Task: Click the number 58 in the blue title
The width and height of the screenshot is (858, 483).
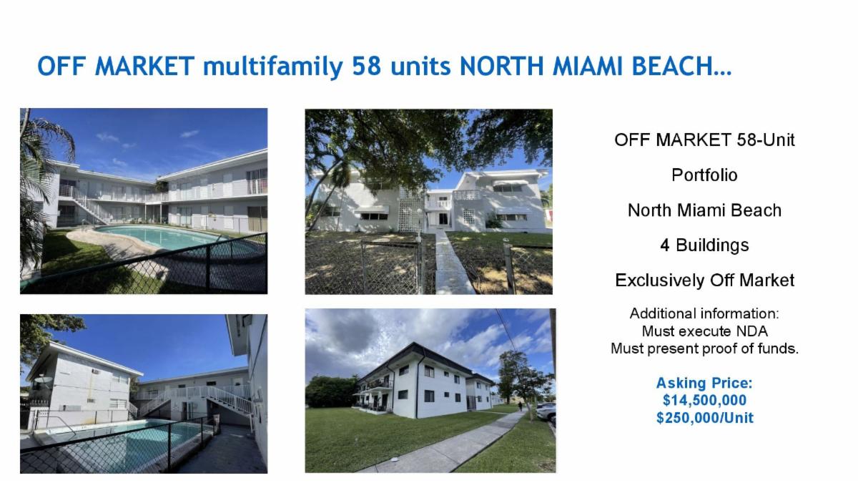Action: (x=366, y=67)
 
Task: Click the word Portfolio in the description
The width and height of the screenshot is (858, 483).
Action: (x=704, y=175)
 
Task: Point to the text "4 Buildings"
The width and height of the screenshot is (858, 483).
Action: (x=704, y=245)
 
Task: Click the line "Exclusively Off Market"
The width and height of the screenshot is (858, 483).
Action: (x=704, y=280)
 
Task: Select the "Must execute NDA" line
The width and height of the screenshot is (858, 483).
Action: (x=704, y=331)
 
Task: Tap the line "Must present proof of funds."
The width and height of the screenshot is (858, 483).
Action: (x=704, y=348)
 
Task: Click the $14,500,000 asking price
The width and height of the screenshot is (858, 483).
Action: (x=704, y=400)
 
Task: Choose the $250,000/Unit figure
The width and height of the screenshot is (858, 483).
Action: (x=704, y=417)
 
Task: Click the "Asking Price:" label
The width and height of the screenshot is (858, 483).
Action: (x=704, y=383)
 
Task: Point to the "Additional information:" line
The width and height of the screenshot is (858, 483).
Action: (x=704, y=313)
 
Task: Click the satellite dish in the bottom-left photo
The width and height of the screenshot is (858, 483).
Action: (x=43, y=380)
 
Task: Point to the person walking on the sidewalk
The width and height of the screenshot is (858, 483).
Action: (x=521, y=406)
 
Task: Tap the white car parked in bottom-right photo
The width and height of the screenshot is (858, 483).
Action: (x=546, y=413)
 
